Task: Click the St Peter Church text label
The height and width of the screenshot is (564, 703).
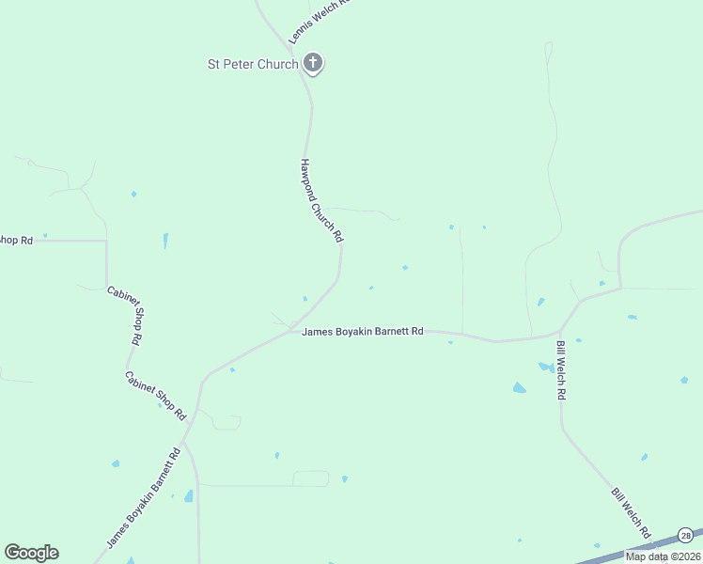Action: point(252,64)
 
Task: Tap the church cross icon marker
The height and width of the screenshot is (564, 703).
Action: point(314,64)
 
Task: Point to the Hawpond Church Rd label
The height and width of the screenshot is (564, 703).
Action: point(320,200)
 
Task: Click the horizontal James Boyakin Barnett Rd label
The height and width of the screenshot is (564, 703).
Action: point(363,331)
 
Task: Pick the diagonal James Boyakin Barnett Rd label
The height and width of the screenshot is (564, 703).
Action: point(142,499)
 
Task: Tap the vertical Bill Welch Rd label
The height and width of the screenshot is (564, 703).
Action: point(560,370)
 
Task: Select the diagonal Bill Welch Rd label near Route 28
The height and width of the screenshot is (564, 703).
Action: point(632,513)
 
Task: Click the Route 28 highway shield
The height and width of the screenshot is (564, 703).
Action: point(686,535)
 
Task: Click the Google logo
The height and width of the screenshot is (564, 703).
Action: point(31,553)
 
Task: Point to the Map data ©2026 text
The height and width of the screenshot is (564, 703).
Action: point(663,556)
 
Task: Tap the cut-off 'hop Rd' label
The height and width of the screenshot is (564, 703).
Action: point(16,241)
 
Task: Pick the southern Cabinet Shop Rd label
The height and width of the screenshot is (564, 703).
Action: point(156,395)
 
